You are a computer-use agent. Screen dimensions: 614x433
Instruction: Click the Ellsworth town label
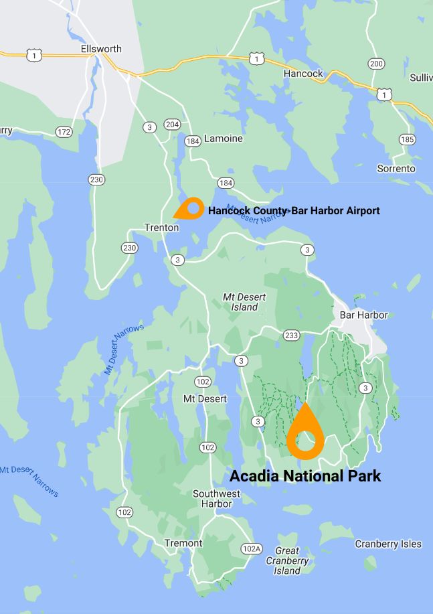(101, 49)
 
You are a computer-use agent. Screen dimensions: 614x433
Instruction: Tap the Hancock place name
(303, 73)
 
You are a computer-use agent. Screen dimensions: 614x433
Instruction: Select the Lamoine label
(224, 139)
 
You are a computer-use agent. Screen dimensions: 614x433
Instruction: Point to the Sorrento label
(396, 168)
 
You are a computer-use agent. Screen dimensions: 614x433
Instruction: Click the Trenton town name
(161, 228)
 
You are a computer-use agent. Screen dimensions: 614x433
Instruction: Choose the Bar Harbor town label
(363, 315)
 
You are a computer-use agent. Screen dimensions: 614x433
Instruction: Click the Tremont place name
(183, 543)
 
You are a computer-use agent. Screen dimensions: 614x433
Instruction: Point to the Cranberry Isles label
(388, 544)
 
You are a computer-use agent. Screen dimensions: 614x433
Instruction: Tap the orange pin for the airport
(190, 208)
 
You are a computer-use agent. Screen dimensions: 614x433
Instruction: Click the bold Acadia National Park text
(305, 476)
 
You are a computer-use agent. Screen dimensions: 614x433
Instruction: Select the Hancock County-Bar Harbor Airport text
(294, 211)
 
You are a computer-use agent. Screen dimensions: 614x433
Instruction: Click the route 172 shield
(64, 132)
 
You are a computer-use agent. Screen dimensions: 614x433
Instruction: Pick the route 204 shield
(172, 125)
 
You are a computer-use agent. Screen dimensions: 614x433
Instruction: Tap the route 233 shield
(291, 335)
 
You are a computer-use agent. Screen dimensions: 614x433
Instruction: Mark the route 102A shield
(251, 548)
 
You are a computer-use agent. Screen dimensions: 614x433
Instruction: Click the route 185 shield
(407, 139)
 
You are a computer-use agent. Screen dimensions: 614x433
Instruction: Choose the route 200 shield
(377, 64)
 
